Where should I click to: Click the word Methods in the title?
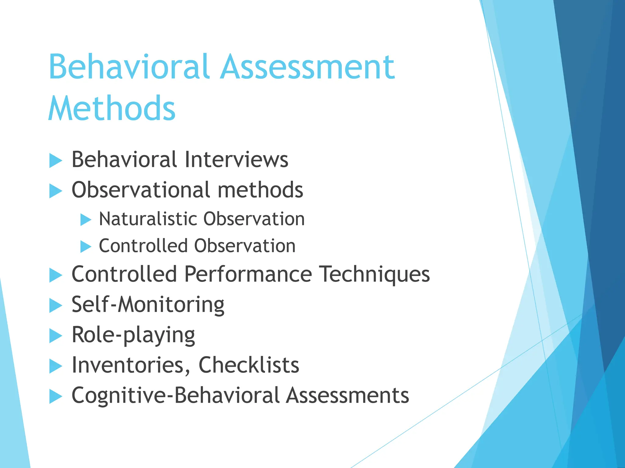(x=112, y=108)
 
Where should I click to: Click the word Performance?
(x=248, y=274)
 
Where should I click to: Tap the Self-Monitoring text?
(x=148, y=305)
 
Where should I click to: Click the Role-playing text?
(x=133, y=335)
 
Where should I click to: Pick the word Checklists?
(x=249, y=365)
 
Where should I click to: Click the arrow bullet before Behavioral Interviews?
(x=56, y=161)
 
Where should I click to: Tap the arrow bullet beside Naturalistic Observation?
(x=86, y=219)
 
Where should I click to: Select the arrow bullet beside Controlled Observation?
(x=86, y=246)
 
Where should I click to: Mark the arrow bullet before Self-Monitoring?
(x=56, y=306)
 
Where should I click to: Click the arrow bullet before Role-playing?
(x=56, y=336)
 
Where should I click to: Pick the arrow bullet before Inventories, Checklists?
(x=56, y=366)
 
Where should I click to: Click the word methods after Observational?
(x=260, y=190)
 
